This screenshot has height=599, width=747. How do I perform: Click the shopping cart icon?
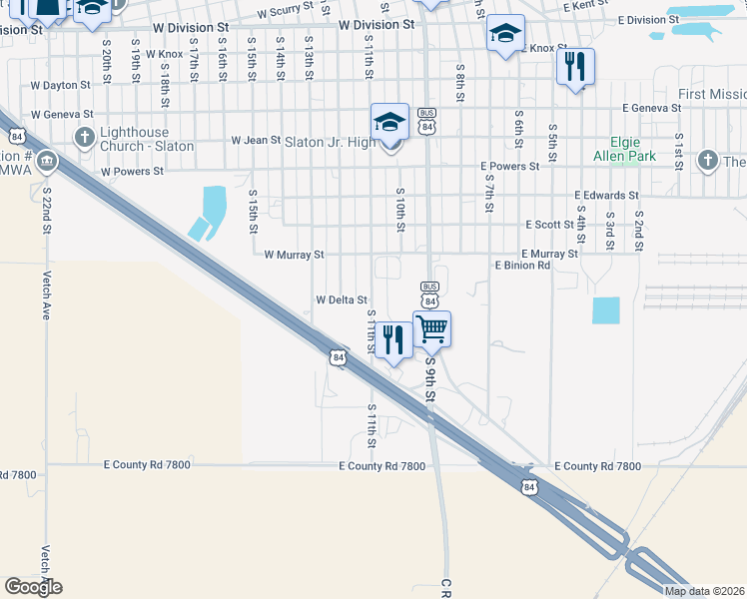(x=432, y=327)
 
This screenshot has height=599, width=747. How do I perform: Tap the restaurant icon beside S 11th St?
(x=394, y=340)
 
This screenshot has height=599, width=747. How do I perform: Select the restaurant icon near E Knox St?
(x=574, y=67)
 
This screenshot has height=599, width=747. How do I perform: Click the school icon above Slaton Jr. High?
(x=389, y=122)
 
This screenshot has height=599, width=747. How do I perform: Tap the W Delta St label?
(x=342, y=299)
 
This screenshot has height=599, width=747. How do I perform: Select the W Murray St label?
(x=294, y=255)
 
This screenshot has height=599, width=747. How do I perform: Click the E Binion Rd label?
(x=522, y=266)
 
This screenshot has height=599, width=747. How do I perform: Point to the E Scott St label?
(x=547, y=226)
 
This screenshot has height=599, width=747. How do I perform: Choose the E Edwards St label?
(x=606, y=196)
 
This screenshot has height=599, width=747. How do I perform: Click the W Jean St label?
(x=256, y=141)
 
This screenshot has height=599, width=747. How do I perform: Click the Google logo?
(x=33, y=587)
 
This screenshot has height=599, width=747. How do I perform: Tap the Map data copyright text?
(x=703, y=591)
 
